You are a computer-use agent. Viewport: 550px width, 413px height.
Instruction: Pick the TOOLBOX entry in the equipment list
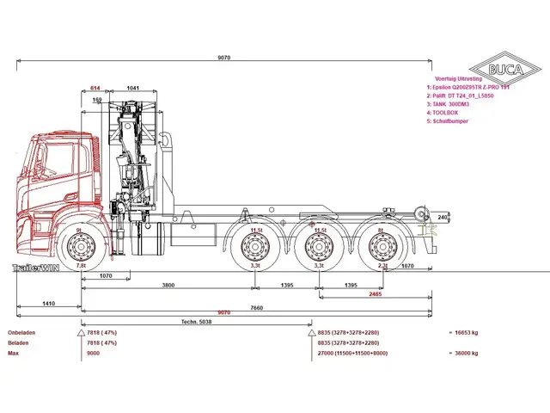(x=446, y=113)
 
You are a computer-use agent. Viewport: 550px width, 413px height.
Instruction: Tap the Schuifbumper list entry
(x=450, y=120)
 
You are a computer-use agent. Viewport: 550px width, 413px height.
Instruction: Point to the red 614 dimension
(x=95, y=89)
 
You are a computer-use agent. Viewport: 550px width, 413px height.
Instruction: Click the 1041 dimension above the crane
(x=132, y=89)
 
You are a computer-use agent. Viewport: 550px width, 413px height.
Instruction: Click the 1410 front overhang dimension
(x=48, y=304)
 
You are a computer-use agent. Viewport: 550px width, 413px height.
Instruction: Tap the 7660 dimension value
(x=256, y=306)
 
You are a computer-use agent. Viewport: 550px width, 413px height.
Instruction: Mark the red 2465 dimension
(x=376, y=294)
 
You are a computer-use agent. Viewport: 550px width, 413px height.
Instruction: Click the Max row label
(x=13, y=353)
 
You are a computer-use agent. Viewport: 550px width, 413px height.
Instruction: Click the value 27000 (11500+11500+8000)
(x=353, y=353)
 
